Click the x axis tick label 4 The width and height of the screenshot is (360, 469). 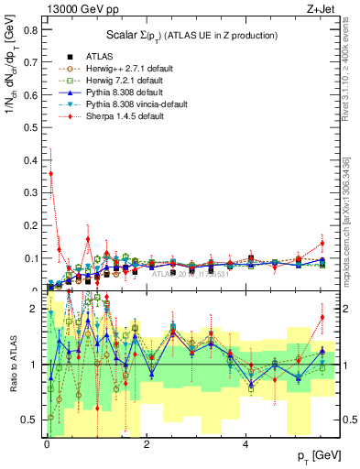coord(245,444)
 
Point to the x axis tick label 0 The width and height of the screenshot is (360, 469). coord(46,444)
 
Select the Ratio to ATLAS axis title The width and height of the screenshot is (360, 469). coord(12,365)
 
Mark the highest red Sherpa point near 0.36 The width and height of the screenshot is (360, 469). coord(51,173)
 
